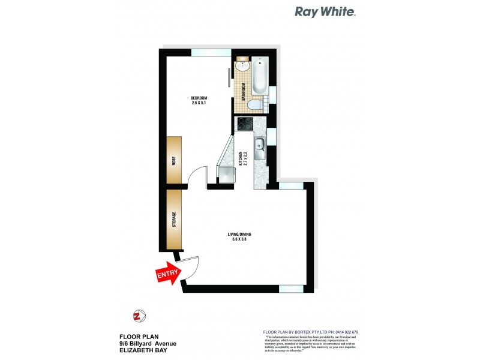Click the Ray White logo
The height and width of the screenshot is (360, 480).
(325, 11)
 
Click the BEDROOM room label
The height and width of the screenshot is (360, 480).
(199, 98)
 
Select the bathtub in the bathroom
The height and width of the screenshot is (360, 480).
(260, 76)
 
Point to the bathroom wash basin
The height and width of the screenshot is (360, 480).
(242, 66)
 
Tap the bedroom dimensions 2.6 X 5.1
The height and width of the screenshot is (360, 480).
(199, 103)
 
